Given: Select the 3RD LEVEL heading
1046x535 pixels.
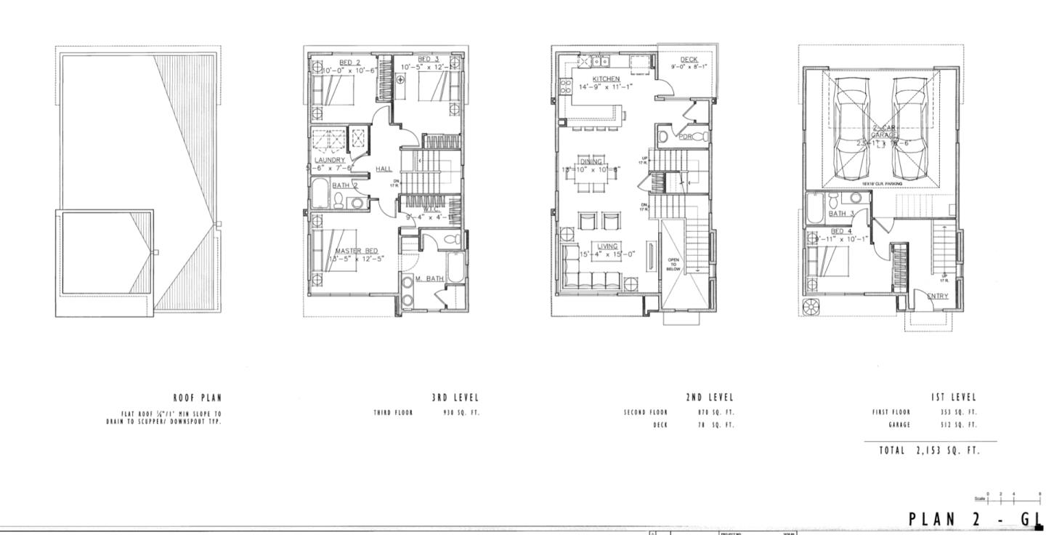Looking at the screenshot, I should pyautogui.click(x=455, y=398).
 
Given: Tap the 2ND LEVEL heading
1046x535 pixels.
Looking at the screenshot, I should pyautogui.click(x=710, y=398).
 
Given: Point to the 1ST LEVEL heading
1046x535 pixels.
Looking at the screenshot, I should pyautogui.click(x=954, y=398).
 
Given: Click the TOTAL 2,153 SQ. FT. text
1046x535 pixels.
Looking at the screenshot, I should pyautogui.click(x=929, y=451).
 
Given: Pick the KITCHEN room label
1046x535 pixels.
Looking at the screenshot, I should pyautogui.click(x=607, y=79).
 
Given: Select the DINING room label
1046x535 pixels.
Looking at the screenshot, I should pyautogui.click(x=591, y=161).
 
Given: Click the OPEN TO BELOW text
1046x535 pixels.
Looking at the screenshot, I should pyautogui.click(x=673, y=264).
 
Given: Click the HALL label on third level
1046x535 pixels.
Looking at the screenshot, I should pyautogui.click(x=384, y=169).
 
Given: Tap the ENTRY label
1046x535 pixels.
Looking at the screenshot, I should pyautogui.click(x=938, y=295).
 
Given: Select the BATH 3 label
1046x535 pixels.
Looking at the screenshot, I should pyautogui.click(x=841, y=214).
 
